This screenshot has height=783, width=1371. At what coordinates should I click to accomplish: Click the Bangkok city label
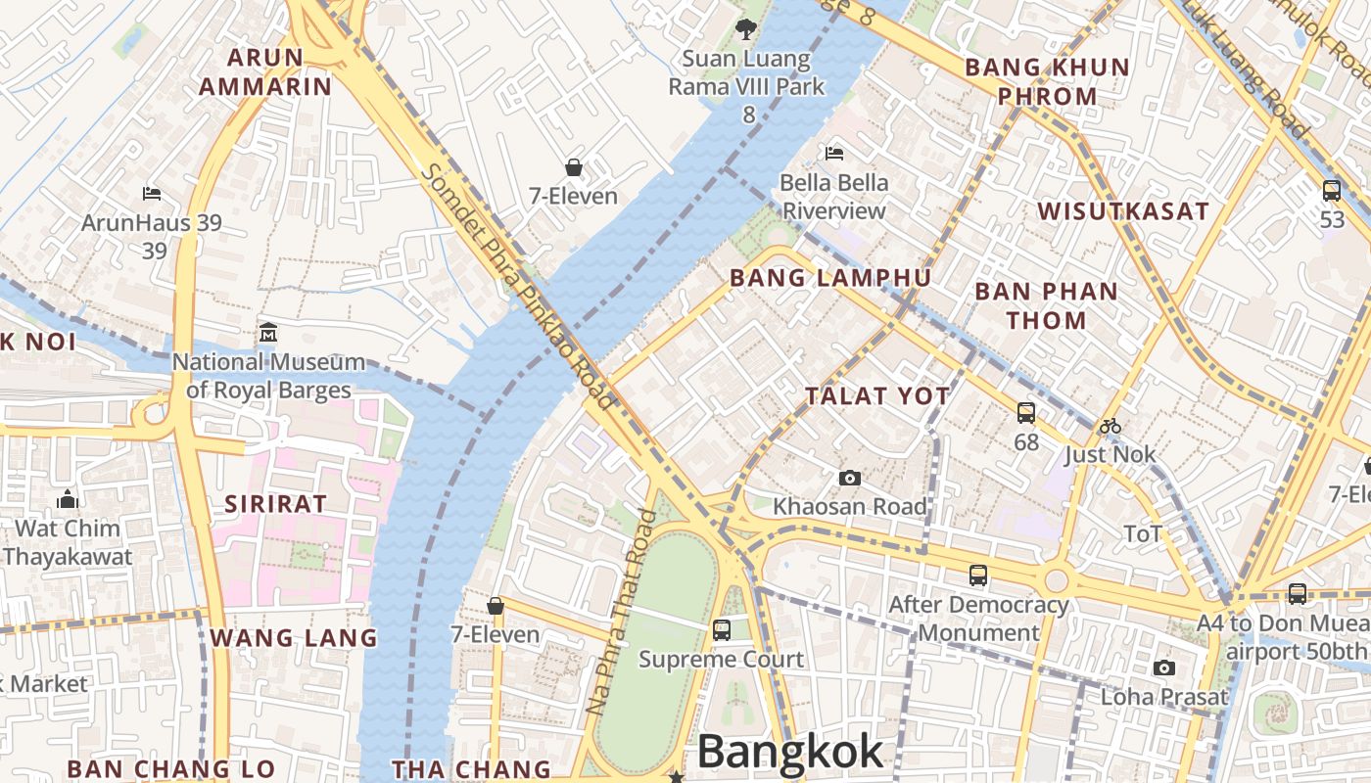pos(790,752)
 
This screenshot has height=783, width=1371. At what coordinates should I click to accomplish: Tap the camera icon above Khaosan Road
pos(849,478)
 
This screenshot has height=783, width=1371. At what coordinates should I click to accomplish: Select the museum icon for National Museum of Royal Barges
pos(268,333)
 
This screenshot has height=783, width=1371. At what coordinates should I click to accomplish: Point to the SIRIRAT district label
pos(275,504)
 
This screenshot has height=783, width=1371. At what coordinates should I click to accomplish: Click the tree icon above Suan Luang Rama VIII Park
pos(746,29)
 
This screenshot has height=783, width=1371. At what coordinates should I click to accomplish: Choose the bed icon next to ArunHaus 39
pos(151,193)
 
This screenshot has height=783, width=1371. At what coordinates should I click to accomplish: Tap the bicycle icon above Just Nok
pos(1110,426)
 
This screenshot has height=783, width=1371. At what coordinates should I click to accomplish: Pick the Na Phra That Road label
pos(619,612)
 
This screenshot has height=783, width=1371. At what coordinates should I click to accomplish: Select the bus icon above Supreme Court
pos(722,630)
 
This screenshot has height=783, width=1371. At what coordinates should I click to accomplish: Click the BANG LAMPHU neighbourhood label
pos(830,278)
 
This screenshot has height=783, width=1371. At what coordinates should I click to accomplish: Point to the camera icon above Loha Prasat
pos(1163,668)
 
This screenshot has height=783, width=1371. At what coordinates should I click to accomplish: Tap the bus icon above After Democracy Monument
pos(977,576)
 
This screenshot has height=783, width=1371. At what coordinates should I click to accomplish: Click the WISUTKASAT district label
pos(1123,211)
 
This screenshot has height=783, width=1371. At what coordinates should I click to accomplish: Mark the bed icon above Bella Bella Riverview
pos(834,153)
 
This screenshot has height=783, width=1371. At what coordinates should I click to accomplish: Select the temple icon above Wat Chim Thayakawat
pos(67,499)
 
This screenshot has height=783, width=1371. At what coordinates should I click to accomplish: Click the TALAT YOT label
pos(876,395)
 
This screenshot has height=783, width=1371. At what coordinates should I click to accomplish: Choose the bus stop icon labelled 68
pos(1025,413)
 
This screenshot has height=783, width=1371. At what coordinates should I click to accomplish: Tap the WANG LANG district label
pos(293,638)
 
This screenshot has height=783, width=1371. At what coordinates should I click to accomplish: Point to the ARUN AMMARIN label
pos(265,71)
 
